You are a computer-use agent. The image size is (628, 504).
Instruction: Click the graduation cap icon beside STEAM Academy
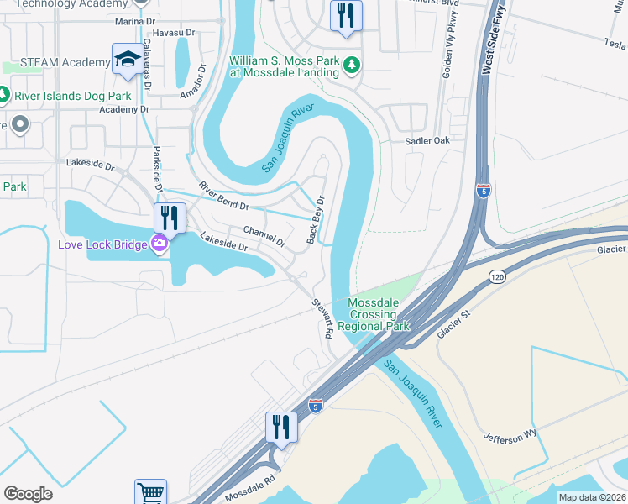click(x=127, y=59)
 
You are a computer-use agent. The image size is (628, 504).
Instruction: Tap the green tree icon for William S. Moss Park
click(x=353, y=64)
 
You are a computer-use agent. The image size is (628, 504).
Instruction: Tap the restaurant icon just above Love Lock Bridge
click(x=169, y=218)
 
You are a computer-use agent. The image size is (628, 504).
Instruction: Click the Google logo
click(x=28, y=494)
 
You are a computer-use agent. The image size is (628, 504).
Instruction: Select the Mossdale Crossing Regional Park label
click(x=379, y=314)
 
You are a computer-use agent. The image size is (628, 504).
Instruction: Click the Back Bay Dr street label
click(x=317, y=220)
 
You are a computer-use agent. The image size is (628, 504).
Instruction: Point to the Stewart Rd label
click(x=323, y=318)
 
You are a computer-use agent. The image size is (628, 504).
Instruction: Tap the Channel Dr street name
click(x=264, y=235)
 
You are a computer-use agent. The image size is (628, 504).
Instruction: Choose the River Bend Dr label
click(x=223, y=196)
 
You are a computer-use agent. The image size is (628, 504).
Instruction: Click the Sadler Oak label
click(x=429, y=142)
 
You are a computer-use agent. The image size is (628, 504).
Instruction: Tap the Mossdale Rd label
click(x=250, y=491)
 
